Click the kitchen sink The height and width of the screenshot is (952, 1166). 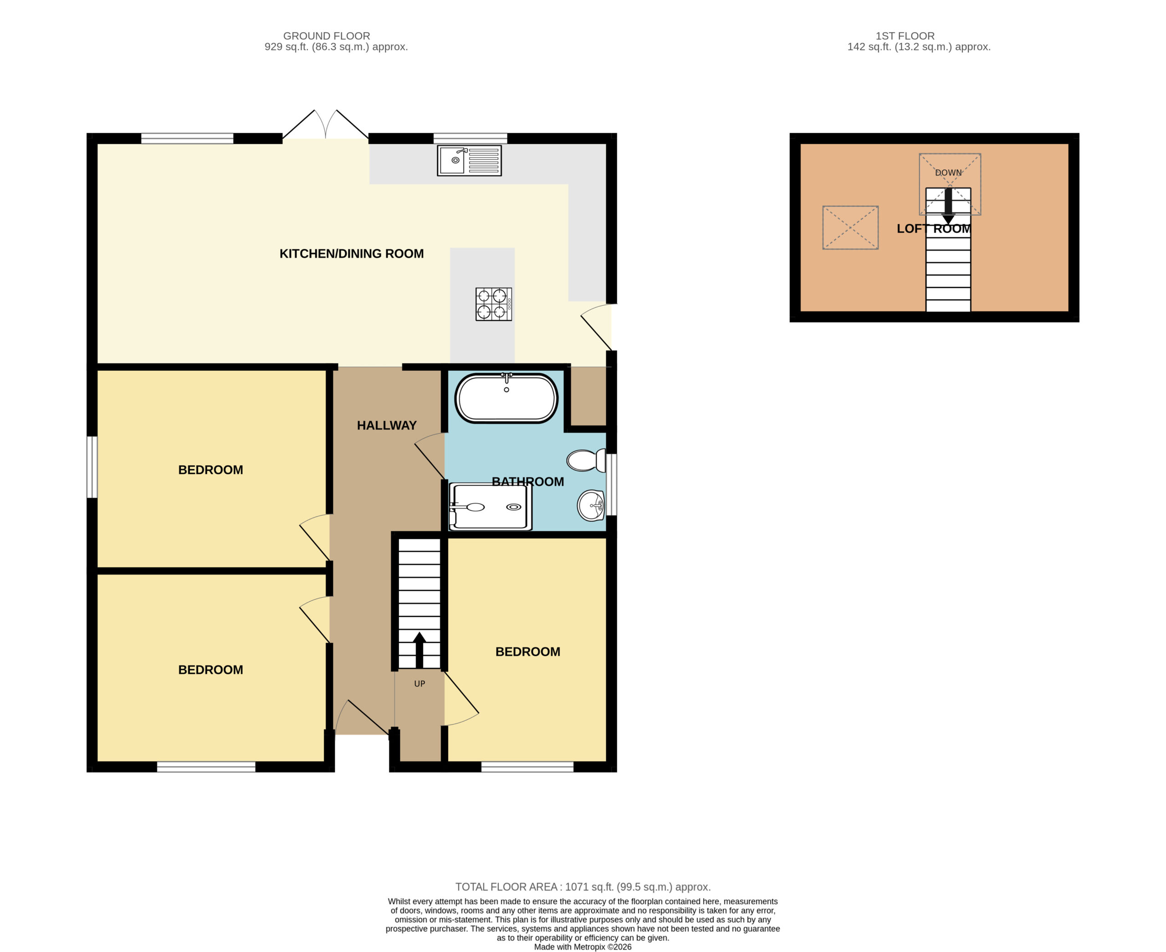(469, 160)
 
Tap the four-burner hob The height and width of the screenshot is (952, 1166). (494, 304)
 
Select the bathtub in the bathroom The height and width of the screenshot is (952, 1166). (506, 398)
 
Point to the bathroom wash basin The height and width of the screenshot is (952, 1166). (591, 505)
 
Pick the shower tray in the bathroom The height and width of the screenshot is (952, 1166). (491, 507)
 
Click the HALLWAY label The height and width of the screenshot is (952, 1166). (387, 426)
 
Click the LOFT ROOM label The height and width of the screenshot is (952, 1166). (934, 229)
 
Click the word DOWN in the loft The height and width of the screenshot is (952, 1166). (949, 173)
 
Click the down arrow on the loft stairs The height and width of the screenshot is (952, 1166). (948, 207)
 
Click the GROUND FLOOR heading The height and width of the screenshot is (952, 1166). (327, 36)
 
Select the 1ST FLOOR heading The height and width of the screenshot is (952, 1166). (905, 36)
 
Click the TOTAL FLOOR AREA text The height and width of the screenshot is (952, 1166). (583, 887)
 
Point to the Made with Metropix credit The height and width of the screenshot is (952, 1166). (583, 947)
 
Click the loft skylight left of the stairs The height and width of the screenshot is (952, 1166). (850, 228)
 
